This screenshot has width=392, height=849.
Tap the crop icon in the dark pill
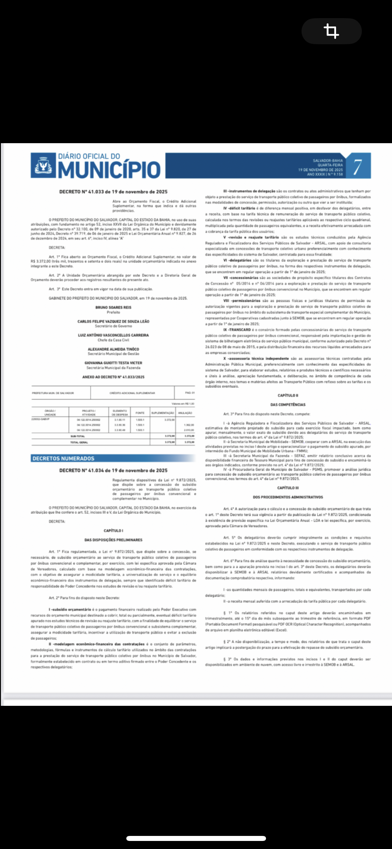pyautogui.click(x=331, y=31)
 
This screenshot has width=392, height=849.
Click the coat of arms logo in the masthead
pyautogui.click(x=43, y=166)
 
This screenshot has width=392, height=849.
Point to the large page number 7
pyautogui.click(x=358, y=166)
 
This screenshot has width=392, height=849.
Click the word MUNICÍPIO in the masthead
pyautogui.click(x=110, y=170)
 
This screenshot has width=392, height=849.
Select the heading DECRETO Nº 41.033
pyautogui.click(x=113, y=192)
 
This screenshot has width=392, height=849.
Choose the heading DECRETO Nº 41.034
pyautogui.click(x=113, y=470)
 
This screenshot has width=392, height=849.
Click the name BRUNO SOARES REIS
pyautogui.click(x=113, y=307)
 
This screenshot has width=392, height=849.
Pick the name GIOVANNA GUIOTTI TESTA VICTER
pyautogui.click(x=113, y=363)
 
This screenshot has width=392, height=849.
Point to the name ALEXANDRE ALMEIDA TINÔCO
pyautogui.click(x=113, y=349)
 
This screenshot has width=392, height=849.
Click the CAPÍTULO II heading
pyautogui.click(x=288, y=396)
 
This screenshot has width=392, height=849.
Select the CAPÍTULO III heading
pyautogui.click(x=288, y=488)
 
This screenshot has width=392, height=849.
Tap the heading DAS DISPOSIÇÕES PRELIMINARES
pyautogui.click(x=113, y=540)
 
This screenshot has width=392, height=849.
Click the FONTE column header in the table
pyautogui.click(x=140, y=413)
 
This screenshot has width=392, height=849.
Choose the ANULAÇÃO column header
pyautogui.click(x=185, y=413)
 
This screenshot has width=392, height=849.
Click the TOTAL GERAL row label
pyautogui.click(x=79, y=442)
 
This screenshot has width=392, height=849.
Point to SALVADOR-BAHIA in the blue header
pyautogui.click(x=328, y=161)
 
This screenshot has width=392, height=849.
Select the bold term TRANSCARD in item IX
pyautogui.click(x=240, y=330)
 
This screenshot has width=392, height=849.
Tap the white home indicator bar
pyautogui.click(x=196, y=838)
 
